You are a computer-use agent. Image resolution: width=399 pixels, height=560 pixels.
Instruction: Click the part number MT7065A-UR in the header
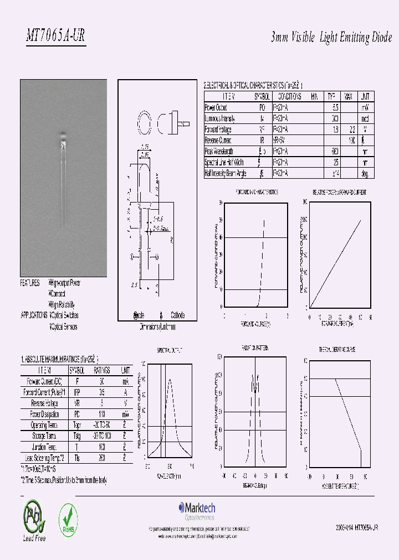(55, 37)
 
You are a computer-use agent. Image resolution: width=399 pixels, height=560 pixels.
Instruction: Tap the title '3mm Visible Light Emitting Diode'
(331, 38)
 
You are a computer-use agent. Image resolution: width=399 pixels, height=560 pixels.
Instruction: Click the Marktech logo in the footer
(197, 509)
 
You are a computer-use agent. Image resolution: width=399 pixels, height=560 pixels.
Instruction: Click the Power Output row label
(216, 108)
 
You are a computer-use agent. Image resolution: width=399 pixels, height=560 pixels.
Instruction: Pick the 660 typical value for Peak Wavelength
(335, 151)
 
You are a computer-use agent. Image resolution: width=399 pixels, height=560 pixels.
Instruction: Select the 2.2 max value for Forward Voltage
(350, 129)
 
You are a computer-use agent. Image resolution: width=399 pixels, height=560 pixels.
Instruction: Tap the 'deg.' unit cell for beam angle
(364, 173)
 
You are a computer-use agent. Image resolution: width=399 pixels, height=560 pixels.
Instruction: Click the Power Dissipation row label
(43, 413)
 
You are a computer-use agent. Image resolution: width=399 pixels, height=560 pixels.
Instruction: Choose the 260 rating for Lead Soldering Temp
(101, 458)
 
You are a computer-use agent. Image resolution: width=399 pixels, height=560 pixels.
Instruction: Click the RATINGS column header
(101, 370)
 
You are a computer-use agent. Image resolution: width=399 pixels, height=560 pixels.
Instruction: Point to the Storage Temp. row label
(43, 436)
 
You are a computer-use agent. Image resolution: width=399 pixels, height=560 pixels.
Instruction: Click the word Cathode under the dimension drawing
(178, 315)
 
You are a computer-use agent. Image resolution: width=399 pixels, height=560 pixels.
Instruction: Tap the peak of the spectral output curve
(170, 380)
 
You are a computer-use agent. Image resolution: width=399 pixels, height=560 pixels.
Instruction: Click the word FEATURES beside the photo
(30, 283)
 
